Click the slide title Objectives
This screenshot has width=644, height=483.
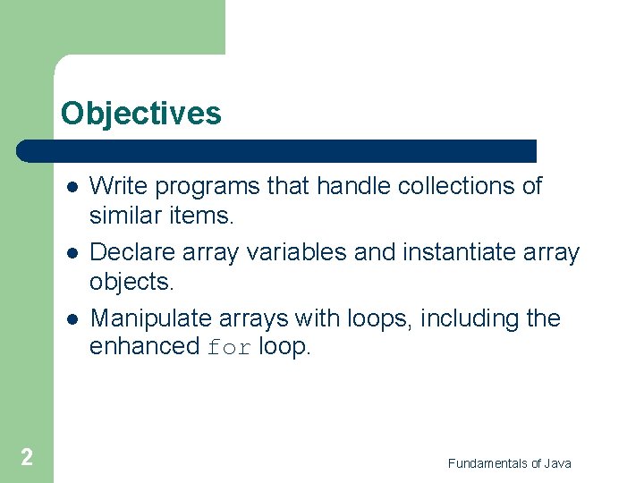tap(140, 114)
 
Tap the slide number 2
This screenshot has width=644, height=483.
tap(27, 458)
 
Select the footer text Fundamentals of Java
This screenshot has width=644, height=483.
tap(509, 463)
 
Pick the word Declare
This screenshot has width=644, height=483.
tap(130, 252)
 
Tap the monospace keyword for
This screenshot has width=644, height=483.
tap(229, 348)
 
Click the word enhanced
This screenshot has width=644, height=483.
tap(144, 347)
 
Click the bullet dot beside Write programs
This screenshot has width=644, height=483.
tap(71, 187)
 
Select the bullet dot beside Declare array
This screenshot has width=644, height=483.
tap(71, 253)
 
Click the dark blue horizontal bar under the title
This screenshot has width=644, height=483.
tap(277, 150)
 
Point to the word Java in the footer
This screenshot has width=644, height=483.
tap(556, 463)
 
